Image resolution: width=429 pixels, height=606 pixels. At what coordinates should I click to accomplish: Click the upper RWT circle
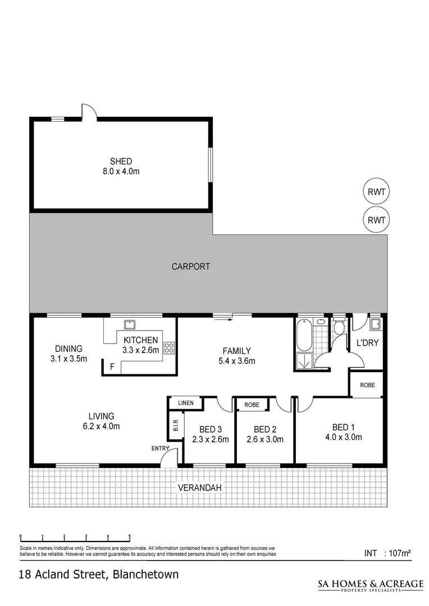coord(376,192)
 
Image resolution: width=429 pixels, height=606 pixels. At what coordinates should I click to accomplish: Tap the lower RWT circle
coord(376,220)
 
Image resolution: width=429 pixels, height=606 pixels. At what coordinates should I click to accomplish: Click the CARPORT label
coord(191,267)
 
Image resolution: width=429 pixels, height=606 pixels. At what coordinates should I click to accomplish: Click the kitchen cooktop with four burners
coord(169,347)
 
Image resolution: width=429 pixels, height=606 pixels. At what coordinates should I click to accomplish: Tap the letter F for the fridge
coord(112,368)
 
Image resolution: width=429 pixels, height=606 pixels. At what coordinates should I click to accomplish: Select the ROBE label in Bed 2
coord(252,403)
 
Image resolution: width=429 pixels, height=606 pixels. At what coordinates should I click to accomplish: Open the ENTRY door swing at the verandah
coord(167,458)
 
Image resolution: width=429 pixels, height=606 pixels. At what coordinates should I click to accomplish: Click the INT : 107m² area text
coord(387,553)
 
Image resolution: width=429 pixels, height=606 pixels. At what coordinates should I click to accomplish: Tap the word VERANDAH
coord(200,488)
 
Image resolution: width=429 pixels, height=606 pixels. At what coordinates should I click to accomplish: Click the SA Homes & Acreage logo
coord(364,585)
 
